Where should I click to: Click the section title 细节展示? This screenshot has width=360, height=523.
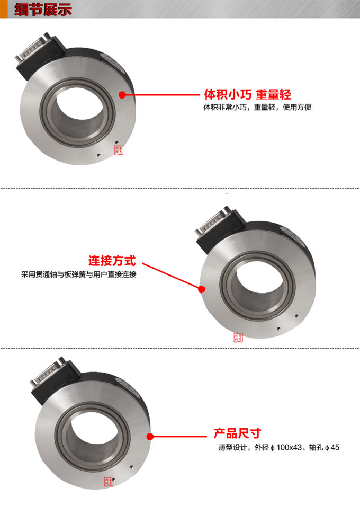coord(42,10)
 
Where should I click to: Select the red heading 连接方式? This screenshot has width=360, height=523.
coord(112,261)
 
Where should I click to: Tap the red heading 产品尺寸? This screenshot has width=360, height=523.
coord(237,433)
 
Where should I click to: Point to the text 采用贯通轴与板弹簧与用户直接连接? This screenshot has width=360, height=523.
coord(79,274)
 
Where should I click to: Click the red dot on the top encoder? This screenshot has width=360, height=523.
coord(122,95)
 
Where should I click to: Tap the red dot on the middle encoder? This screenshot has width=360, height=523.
coord(201,289)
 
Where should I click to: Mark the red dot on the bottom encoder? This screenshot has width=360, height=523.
coord(150,437)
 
